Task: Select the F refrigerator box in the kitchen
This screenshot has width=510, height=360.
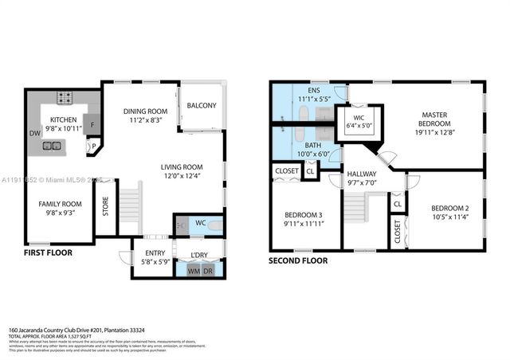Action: pos(92,125)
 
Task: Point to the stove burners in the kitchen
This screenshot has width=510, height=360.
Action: pos(63,99)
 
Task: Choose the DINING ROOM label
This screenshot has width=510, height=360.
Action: pos(146,110)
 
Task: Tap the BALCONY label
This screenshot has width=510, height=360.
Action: pos(202,105)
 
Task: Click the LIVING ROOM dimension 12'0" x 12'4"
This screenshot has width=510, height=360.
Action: pos(182,176)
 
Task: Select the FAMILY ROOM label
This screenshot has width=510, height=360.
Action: pos(61,204)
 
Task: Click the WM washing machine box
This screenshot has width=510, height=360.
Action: pos(194,271)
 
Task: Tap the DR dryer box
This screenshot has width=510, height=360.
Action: pos(208,271)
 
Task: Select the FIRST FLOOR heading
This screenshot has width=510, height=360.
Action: pos(48,252)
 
